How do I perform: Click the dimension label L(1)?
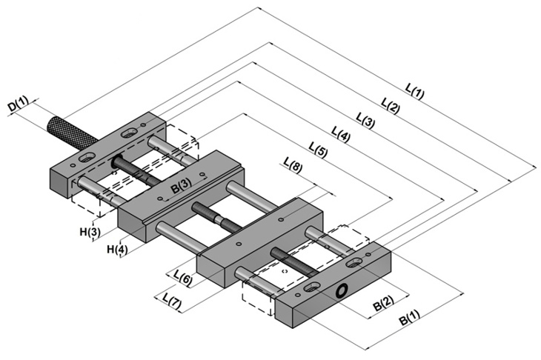(414, 91)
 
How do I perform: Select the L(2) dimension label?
(391, 105)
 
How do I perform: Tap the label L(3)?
(365, 121)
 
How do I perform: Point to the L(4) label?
(341, 135)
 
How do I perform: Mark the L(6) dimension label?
(183, 278)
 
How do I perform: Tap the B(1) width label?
(410, 317)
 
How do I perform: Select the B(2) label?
(383, 303)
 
